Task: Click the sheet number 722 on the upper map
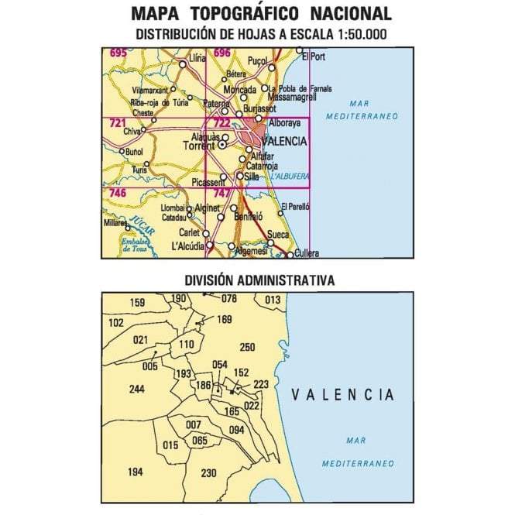tap(221, 123)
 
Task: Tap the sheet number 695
tap(118, 53)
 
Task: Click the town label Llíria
tap(197, 57)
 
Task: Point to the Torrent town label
tap(199, 145)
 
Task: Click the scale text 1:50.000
tap(353, 34)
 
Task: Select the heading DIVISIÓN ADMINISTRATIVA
tap(259, 280)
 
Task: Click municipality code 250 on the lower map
tap(247, 347)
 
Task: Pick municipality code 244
tap(137, 389)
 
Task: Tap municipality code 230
tap(208, 473)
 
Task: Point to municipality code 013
tap(273, 299)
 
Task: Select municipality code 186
tap(204, 385)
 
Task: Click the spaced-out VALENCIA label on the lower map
tap(342, 395)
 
